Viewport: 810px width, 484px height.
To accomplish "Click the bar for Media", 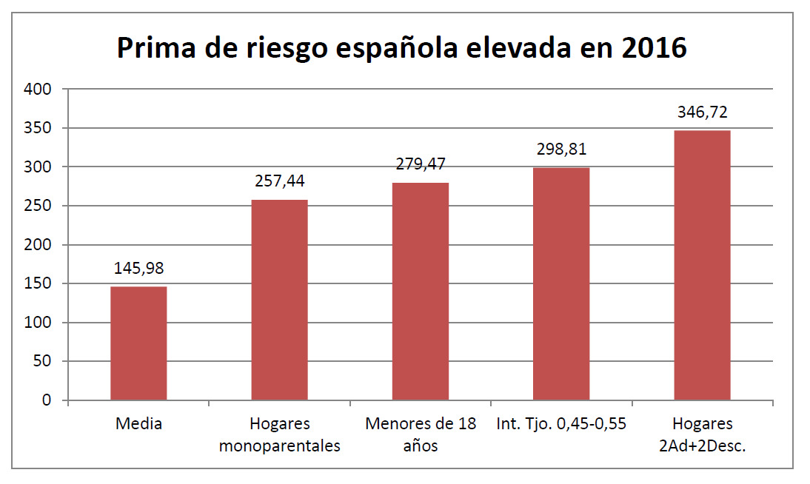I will [x=138, y=343].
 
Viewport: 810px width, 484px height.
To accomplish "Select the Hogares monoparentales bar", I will [x=279, y=300].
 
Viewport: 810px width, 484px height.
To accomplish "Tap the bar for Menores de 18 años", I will [x=420, y=292].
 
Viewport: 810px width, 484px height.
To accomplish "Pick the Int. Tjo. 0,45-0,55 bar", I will [x=561, y=284].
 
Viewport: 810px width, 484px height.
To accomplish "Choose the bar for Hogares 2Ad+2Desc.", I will [x=702, y=266].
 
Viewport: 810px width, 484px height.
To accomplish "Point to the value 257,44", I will [x=279, y=182].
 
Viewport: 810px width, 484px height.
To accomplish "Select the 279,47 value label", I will [x=420, y=165].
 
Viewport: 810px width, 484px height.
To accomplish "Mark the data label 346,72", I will [x=702, y=112].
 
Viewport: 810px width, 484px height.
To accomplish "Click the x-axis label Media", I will [x=138, y=424].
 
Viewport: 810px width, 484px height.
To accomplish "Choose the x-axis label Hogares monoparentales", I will [x=279, y=435].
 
